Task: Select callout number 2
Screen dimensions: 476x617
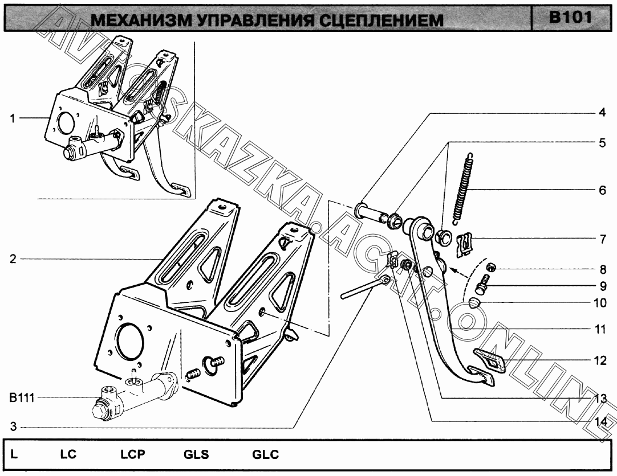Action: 12,259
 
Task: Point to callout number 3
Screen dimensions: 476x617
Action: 12,427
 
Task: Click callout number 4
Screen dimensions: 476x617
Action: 601,113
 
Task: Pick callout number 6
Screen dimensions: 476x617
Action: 601,190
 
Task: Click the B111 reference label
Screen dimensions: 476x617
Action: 22,398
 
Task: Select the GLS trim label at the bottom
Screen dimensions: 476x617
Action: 196,455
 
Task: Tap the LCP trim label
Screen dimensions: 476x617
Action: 132,455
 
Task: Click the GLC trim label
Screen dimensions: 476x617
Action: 265,455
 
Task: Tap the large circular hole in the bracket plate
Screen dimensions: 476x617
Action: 128,341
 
